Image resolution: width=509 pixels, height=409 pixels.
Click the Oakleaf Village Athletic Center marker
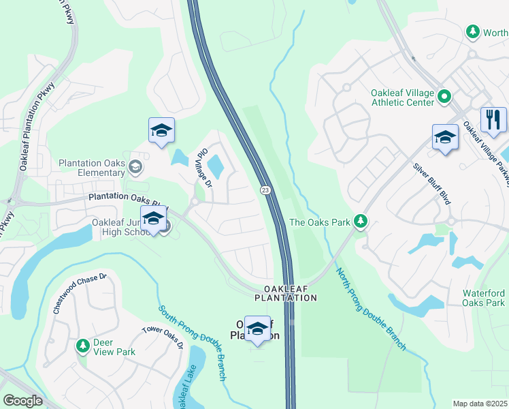444,96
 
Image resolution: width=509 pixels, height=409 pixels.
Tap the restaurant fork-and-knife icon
493,120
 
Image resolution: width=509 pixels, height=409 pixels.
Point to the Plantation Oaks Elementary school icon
135,166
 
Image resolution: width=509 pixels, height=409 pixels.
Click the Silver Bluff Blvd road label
432,184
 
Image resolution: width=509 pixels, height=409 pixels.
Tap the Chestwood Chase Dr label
80,294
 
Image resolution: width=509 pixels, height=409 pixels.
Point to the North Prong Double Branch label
370,309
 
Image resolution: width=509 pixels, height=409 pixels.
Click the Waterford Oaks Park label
484,298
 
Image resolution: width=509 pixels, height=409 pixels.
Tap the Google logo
22,401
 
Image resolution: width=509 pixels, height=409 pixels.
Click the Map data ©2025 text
480,404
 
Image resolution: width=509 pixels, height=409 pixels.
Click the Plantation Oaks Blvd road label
127,200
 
